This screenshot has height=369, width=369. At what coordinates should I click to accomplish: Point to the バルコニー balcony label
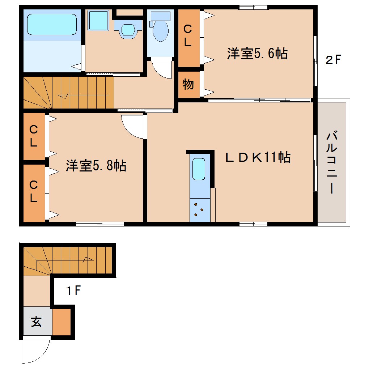[x=332, y=163]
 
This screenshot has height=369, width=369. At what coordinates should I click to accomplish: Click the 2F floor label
[x=333, y=60]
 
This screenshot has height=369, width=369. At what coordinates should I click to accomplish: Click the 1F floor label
[x=73, y=290]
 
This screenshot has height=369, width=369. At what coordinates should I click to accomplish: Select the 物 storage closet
[x=188, y=85]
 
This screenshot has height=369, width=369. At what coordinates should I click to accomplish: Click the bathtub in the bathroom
[x=52, y=24]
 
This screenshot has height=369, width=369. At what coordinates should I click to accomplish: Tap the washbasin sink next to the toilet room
[x=127, y=29]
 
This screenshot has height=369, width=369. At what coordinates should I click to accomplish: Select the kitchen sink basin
[x=199, y=169]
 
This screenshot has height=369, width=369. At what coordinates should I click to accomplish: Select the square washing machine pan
[x=99, y=20]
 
